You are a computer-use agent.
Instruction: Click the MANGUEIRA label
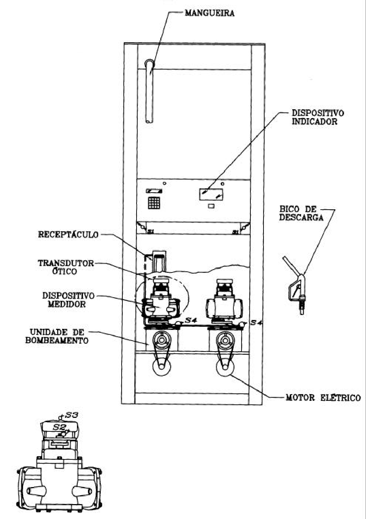click(209, 13)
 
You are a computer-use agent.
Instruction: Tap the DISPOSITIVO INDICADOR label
click(317, 117)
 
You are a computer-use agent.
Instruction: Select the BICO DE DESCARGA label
click(301, 213)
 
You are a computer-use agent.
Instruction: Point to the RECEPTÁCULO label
click(68, 234)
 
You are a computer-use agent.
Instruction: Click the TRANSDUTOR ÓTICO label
click(66, 267)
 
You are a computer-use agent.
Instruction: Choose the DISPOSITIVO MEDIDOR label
click(68, 300)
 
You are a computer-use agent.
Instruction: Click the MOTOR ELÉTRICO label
click(323, 398)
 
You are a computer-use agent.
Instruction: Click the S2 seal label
click(57, 426)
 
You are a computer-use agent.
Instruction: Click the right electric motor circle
click(225, 367)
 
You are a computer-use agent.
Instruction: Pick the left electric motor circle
click(162, 367)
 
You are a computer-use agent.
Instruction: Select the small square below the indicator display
click(211, 206)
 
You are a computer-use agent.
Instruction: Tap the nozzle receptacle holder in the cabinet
click(159, 261)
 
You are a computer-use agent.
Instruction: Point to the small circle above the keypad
click(165, 183)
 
